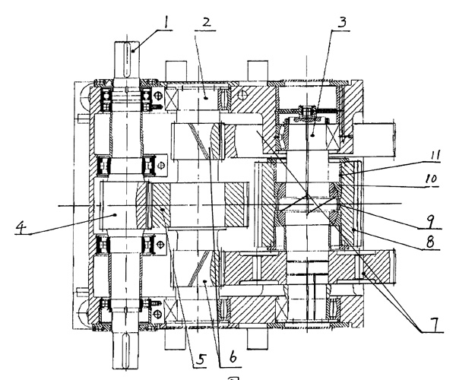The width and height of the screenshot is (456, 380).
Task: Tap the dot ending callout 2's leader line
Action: pos(206,100)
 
